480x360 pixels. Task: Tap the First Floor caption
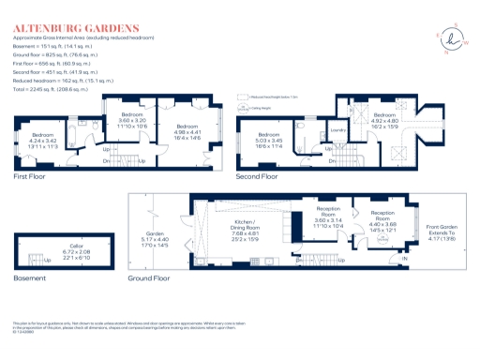point(31,175)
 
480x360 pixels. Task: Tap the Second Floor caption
point(257,175)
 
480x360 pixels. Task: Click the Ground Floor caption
point(149,277)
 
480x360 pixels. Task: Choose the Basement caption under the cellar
point(28,277)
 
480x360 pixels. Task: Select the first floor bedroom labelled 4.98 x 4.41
point(187,130)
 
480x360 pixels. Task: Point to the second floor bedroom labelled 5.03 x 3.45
point(270,141)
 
